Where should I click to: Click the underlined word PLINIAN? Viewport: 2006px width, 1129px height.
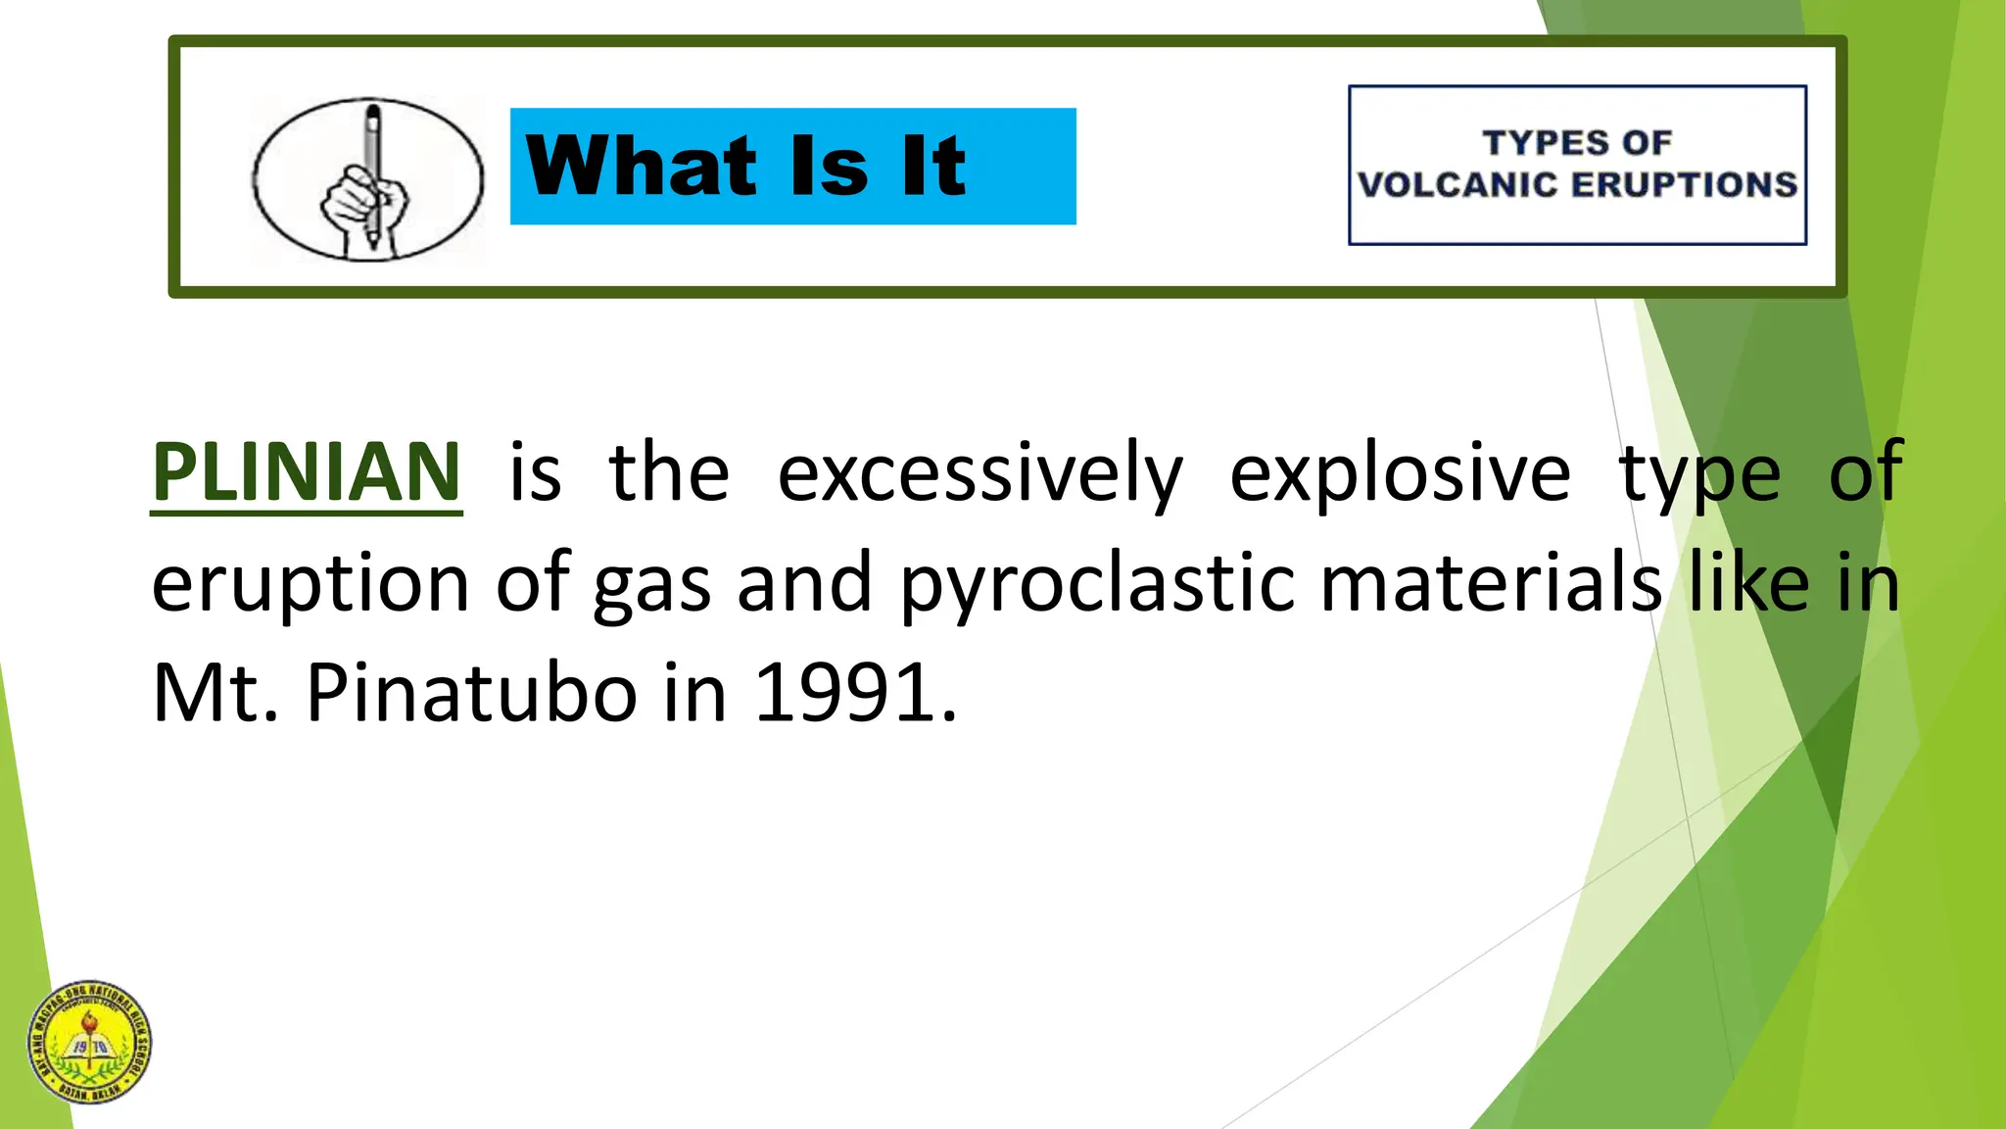306,472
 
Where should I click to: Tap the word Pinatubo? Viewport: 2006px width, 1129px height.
472,693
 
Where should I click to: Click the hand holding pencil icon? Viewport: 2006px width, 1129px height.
367,179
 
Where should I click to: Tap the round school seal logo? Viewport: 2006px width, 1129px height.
90,1043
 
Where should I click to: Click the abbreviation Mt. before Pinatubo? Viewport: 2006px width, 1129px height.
215,693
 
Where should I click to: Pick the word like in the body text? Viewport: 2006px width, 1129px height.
1748,583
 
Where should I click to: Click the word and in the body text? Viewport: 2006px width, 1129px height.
803,583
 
